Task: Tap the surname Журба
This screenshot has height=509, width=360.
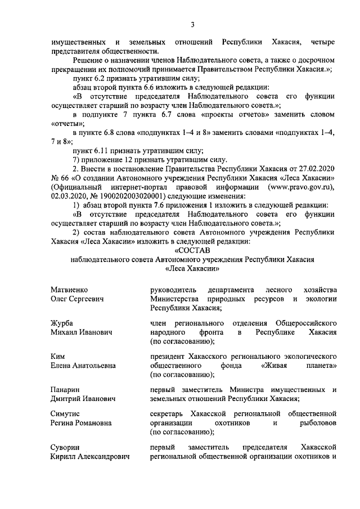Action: pos(61,323)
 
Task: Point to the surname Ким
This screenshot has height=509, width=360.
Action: pos(58,356)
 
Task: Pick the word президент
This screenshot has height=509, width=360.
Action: pos(170,356)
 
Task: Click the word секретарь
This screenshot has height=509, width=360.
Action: pos(169,414)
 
